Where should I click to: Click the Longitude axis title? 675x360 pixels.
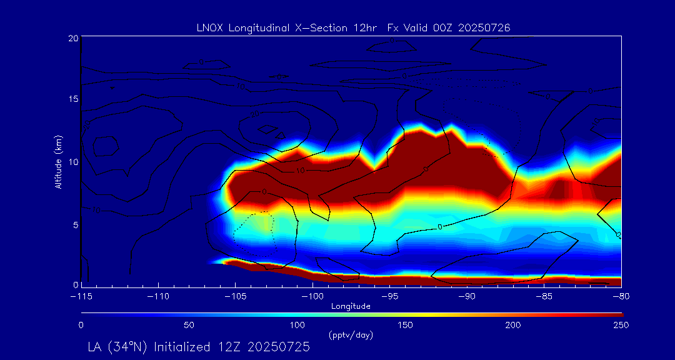(351, 306)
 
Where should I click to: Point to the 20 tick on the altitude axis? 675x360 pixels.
(73, 38)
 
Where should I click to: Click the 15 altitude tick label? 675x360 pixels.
(73, 99)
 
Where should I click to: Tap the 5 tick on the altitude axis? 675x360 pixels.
(75, 223)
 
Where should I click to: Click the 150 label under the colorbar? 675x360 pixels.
(406, 325)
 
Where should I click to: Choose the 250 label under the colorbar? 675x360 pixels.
(621, 325)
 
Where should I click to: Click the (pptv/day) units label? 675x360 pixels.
(351, 335)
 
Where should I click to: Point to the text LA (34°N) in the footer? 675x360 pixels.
(119, 347)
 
